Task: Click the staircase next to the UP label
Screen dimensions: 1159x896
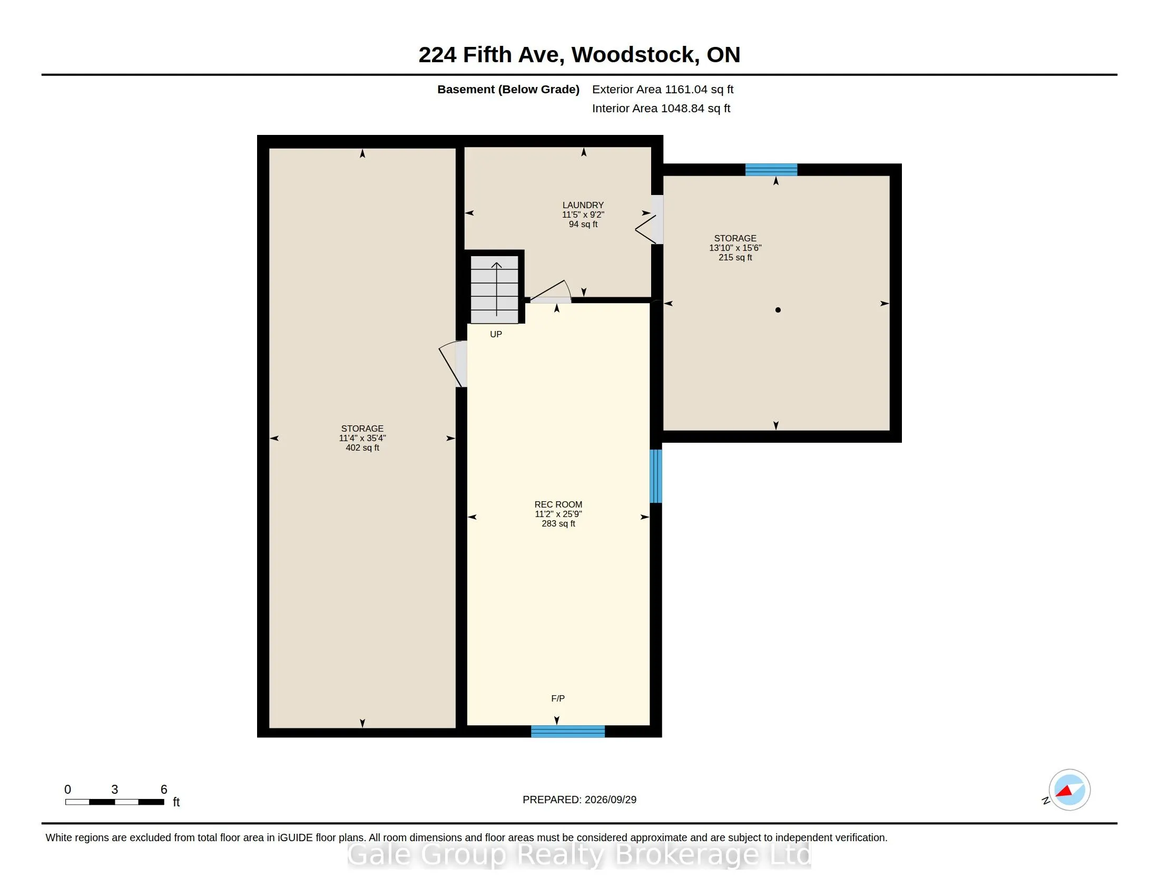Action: [x=495, y=290]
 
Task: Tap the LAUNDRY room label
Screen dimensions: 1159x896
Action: [x=583, y=205]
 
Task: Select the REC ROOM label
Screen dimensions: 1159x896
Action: [x=558, y=504]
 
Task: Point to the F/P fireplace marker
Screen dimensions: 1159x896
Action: [x=558, y=698]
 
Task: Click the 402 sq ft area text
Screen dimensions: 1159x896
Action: [x=362, y=447]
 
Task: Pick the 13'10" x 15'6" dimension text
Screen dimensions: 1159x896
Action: [x=735, y=248]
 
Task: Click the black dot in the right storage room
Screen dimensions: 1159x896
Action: [x=778, y=310]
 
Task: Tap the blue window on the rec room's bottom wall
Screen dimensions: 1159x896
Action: [x=568, y=732]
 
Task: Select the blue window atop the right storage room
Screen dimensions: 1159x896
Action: [x=771, y=170]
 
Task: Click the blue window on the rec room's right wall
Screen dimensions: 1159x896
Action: [x=656, y=476]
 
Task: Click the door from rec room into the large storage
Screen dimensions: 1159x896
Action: [x=453, y=364]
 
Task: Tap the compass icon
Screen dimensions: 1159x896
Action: [x=1069, y=790]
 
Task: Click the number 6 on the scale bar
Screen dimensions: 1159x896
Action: [x=164, y=790]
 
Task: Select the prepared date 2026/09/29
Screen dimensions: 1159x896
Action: [x=610, y=800]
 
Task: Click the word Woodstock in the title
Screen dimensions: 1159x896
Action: [x=635, y=55]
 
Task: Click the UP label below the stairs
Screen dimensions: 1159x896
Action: [x=496, y=334]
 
